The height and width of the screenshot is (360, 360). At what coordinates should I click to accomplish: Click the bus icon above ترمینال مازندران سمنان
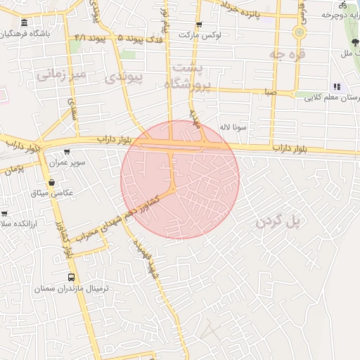click(x=70, y=276)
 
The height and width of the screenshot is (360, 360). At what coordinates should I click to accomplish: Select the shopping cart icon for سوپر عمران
click(x=67, y=151)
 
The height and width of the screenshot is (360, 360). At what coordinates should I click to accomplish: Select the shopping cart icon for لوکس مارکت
click(x=200, y=25)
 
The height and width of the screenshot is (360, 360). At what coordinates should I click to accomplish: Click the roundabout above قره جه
click(x=300, y=32)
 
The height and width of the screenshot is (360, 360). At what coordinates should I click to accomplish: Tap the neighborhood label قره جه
click(x=289, y=53)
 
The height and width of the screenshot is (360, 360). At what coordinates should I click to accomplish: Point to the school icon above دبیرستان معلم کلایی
click(x=336, y=86)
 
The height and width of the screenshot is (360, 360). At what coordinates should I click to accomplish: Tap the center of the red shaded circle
click(x=180, y=179)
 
